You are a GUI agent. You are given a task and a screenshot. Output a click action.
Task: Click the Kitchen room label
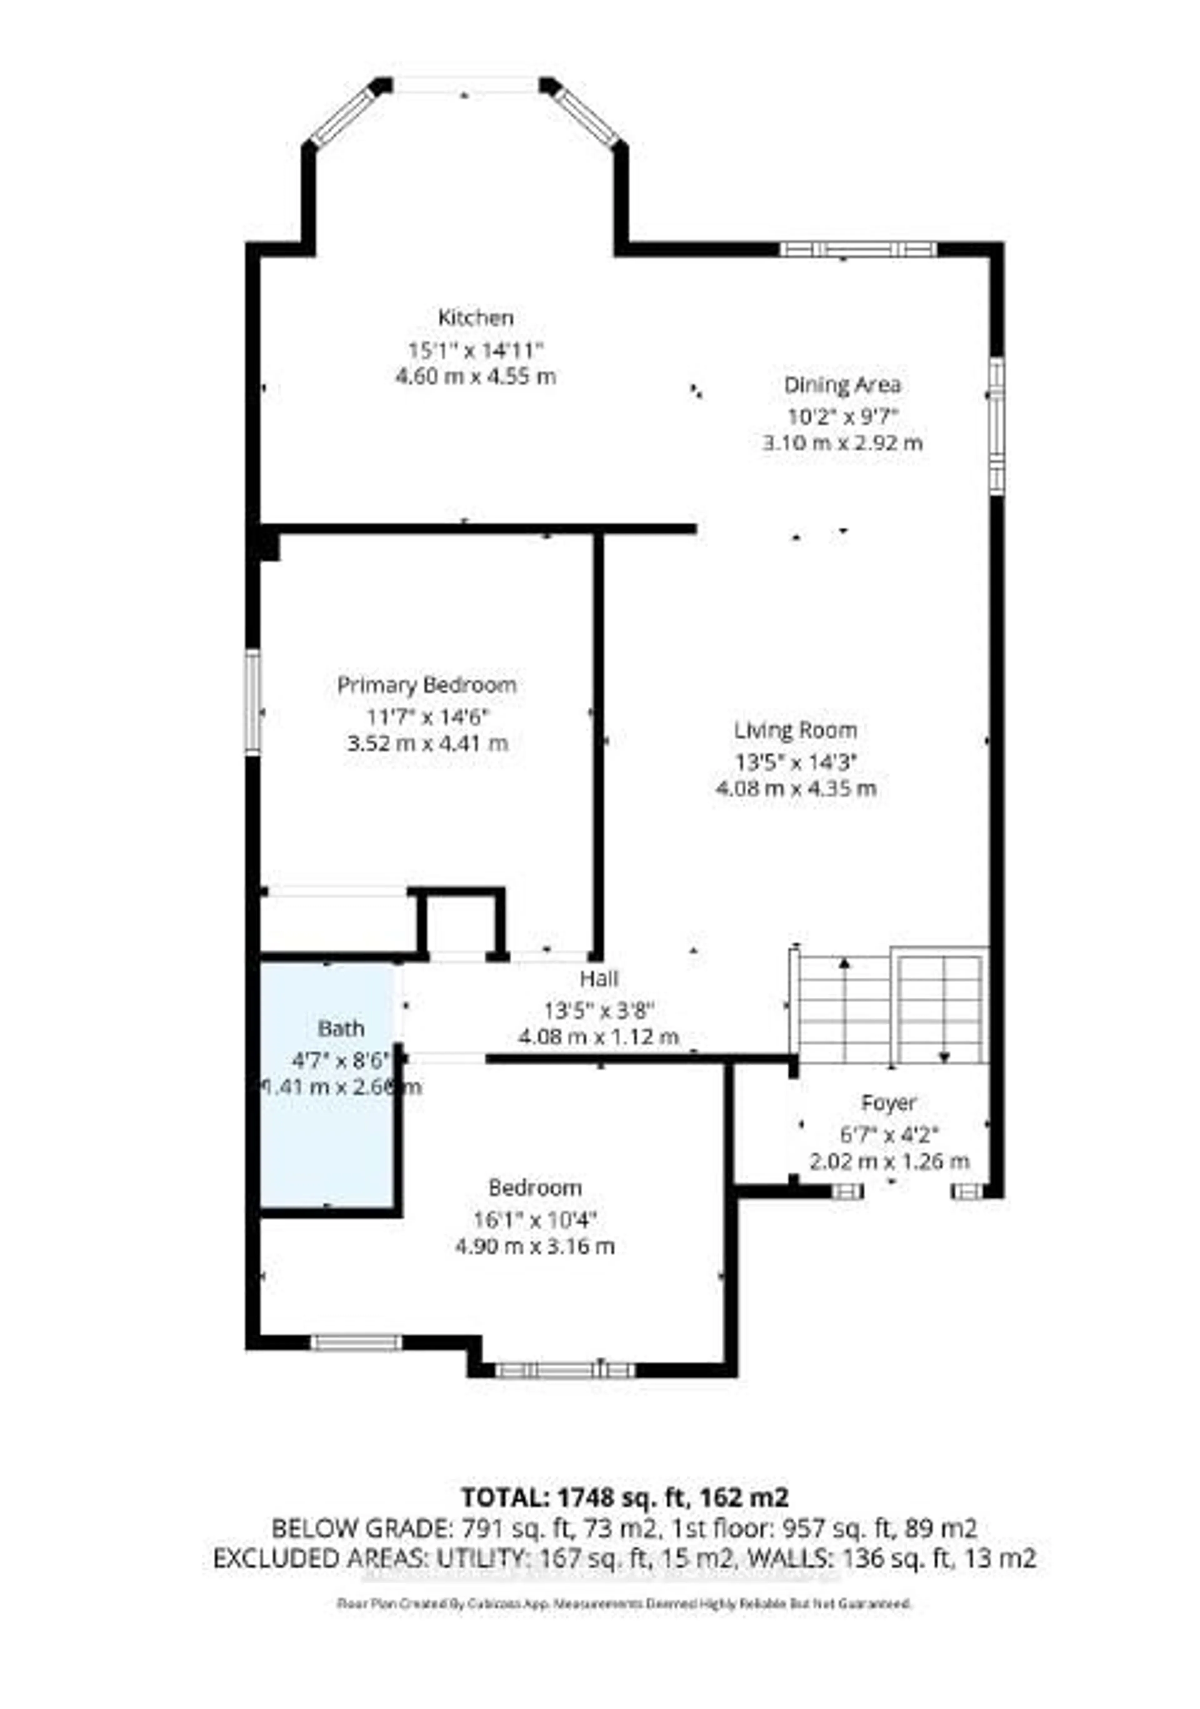coord(475,318)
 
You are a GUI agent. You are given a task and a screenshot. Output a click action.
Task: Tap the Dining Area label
coord(842,385)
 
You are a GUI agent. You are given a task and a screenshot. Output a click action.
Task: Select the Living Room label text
coord(795,730)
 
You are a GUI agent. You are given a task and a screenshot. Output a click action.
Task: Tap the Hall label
coord(599,978)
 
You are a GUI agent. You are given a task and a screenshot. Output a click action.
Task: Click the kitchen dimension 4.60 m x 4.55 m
coord(475,376)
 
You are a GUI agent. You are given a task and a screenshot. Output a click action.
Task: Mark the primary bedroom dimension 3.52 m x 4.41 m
coord(427,743)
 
